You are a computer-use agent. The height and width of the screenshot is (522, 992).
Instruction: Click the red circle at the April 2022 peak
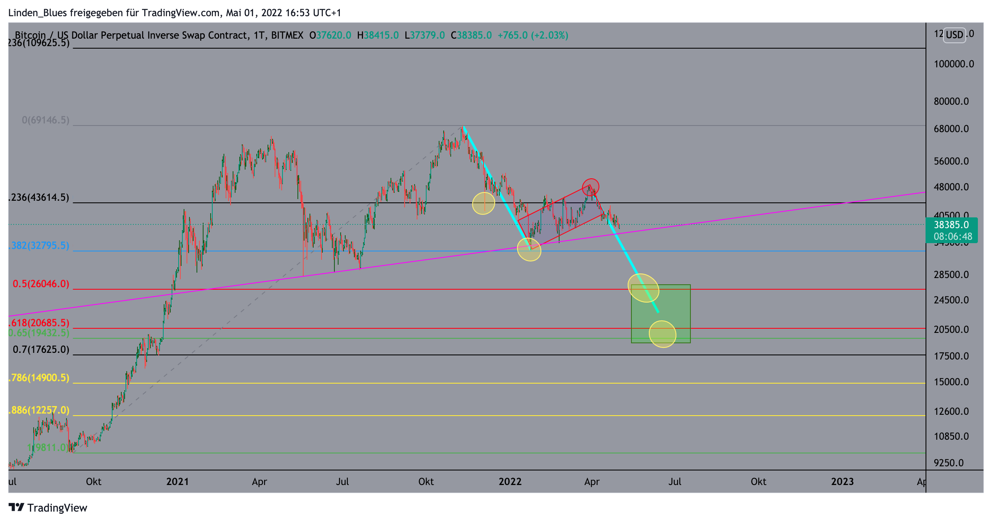(590, 187)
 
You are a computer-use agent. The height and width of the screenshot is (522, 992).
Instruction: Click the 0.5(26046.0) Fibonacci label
(41, 284)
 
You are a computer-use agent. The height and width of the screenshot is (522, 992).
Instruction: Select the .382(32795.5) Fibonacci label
(39, 246)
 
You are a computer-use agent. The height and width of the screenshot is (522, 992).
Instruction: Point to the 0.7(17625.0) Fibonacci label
(41, 350)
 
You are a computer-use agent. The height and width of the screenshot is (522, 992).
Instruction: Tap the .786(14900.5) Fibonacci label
(39, 378)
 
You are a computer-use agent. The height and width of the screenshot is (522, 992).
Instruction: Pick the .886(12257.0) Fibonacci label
(39, 410)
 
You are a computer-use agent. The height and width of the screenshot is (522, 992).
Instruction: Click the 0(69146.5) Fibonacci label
(45, 120)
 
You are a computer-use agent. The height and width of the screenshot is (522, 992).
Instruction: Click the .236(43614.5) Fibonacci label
(39, 197)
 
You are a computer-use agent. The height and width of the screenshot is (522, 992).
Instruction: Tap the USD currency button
(954, 34)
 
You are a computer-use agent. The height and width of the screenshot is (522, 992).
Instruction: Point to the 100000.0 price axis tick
(953, 64)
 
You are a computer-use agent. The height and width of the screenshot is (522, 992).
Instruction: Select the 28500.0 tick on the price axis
(951, 275)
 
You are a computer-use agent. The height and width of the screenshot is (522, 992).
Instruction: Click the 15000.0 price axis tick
(951, 382)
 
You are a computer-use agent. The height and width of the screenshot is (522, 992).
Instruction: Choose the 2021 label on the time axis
(177, 482)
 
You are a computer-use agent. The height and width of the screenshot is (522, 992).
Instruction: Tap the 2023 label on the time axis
(842, 482)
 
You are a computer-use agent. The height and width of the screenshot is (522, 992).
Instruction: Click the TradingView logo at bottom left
(48, 508)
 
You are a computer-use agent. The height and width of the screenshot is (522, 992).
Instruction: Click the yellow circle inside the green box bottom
(662, 334)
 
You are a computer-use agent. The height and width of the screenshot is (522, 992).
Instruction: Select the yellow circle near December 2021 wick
(484, 203)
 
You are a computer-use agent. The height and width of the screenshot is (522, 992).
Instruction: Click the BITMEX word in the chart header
(287, 35)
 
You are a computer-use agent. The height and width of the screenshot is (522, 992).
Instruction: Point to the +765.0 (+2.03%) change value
(533, 35)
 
